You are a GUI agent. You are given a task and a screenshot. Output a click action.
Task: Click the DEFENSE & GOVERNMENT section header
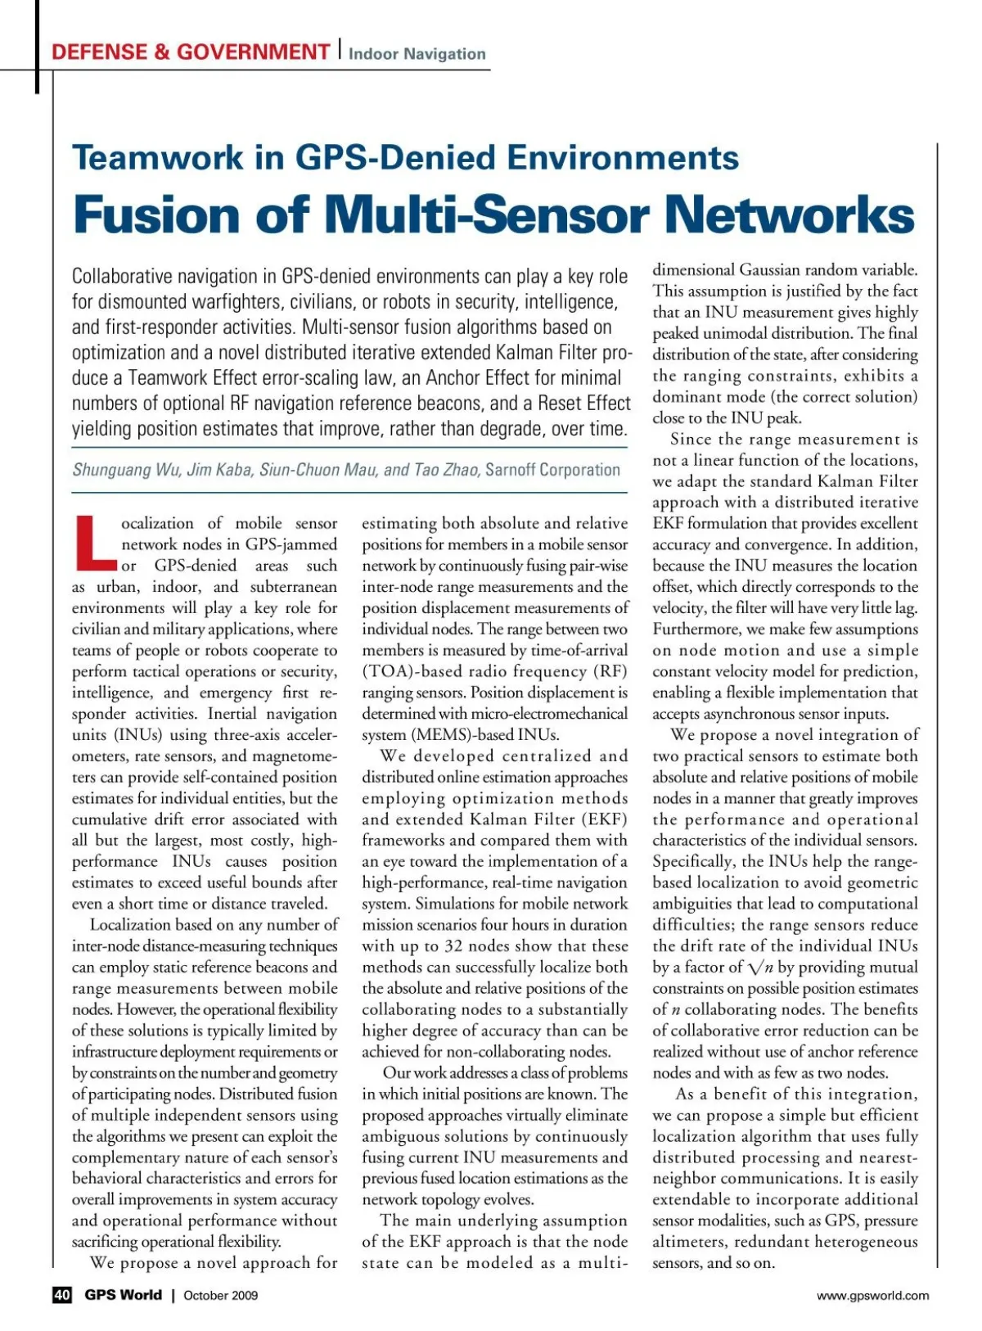(190, 52)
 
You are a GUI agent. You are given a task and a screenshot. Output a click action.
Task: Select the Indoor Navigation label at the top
(417, 54)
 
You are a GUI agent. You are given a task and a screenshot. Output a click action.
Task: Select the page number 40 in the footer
(62, 1294)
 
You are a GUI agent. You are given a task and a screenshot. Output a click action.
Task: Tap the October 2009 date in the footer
(220, 1295)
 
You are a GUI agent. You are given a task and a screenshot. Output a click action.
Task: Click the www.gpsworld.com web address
(872, 1295)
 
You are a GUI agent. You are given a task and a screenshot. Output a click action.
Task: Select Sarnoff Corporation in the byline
(552, 470)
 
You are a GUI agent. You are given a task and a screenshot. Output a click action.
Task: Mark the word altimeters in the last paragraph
(688, 1242)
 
